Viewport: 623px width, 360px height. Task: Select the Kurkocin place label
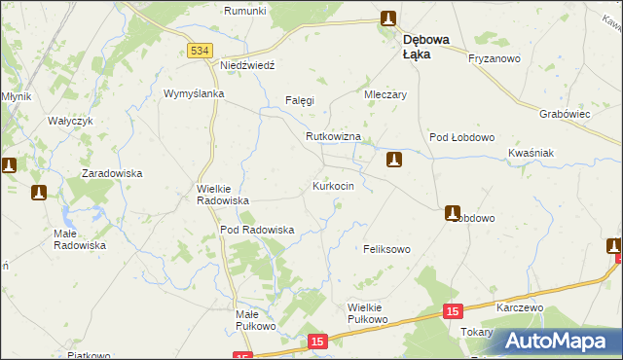click(340, 185)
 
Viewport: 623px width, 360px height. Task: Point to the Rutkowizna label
click(333, 137)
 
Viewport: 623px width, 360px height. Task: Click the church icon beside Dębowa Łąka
click(388, 18)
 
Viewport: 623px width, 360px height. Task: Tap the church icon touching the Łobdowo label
click(454, 212)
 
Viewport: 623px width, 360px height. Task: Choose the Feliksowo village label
click(386, 249)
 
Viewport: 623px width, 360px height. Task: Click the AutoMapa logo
click(556, 341)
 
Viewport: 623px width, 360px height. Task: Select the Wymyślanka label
click(195, 93)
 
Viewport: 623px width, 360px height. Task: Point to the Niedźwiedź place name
click(248, 64)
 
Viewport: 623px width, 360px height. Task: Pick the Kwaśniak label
click(531, 154)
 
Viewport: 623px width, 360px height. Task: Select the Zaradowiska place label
click(112, 172)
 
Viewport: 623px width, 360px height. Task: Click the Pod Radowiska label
click(257, 230)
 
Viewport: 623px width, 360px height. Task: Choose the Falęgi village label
click(300, 100)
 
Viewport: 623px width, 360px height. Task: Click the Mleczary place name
click(385, 95)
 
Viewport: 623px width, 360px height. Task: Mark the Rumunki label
click(245, 11)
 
